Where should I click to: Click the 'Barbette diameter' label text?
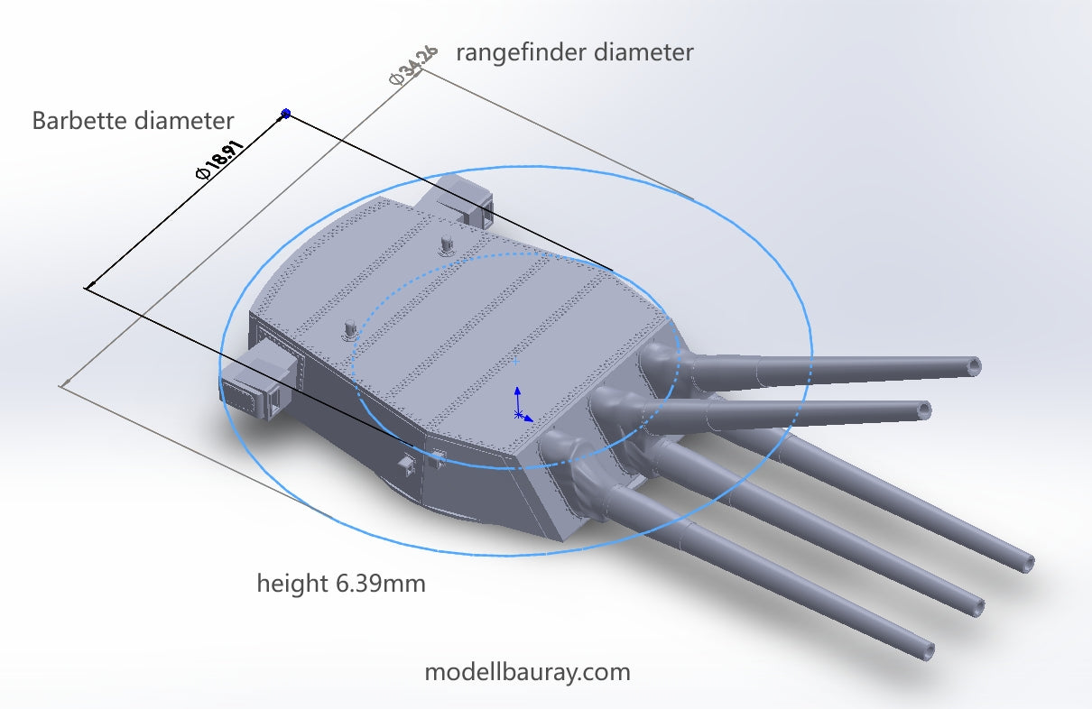(x=133, y=121)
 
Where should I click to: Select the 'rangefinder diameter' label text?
(x=574, y=52)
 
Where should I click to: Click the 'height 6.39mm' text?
(x=340, y=584)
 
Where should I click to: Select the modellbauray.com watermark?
(x=527, y=672)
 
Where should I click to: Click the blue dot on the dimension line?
(x=286, y=114)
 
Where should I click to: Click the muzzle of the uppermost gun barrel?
(x=972, y=365)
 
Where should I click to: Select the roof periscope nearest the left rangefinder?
(x=348, y=329)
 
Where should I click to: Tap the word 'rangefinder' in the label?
(x=523, y=52)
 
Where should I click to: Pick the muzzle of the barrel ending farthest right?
(x=1028, y=563)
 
